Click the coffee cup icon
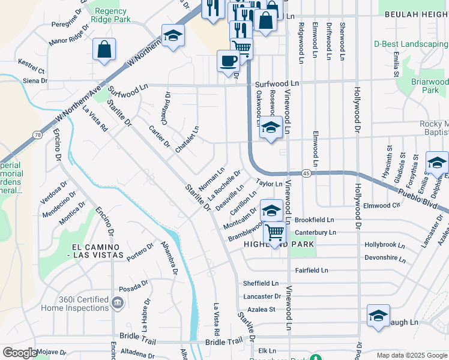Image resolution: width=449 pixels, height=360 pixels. click(228, 61)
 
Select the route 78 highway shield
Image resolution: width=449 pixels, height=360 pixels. click(37, 135)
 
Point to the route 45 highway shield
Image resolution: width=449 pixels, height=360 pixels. click(306, 173)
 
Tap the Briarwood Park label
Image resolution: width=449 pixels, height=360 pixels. click(430, 85)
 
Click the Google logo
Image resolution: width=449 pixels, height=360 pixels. click(20, 353)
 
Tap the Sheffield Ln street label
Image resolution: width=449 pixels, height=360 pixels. click(261, 283)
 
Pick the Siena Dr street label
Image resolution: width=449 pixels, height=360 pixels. click(35, 80)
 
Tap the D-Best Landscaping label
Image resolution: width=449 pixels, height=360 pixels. click(411, 44)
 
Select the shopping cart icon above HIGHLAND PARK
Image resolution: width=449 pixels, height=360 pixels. click(274, 232)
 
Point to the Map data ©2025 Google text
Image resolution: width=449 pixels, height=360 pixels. click(411, 355)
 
